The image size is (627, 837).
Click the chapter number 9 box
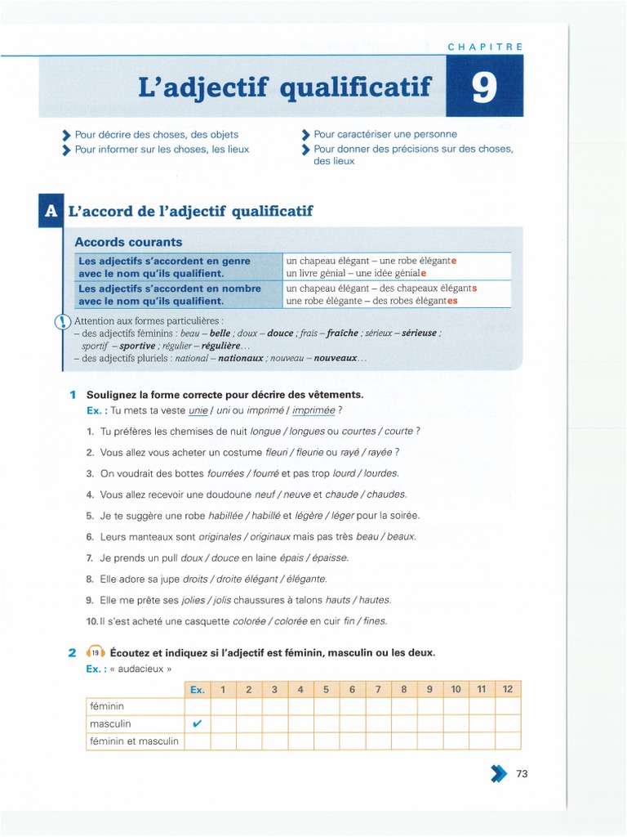[484, 87]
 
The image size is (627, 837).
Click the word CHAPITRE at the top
[485, 47]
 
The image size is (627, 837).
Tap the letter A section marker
[50, 211]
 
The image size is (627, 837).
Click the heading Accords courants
[128, 242]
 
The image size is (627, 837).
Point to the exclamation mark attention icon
[63, 322]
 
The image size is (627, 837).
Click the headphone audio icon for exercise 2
[95, 652]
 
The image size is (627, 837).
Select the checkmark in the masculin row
[197, 723]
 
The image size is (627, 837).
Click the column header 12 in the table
[507, 689]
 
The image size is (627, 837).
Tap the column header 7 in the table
[378, 689]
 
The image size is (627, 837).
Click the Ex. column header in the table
[197, 689]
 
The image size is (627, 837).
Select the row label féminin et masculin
[134, 741]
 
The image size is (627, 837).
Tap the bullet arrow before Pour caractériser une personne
[306, 135]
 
